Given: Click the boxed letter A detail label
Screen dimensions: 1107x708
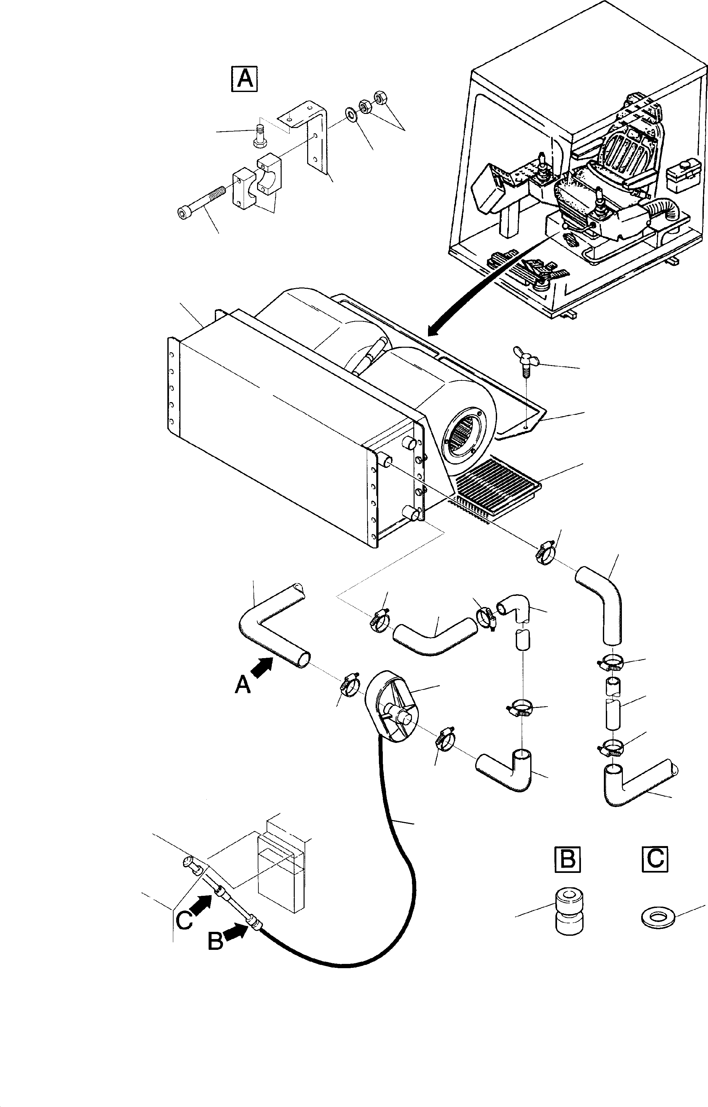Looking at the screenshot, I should point(244,80).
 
